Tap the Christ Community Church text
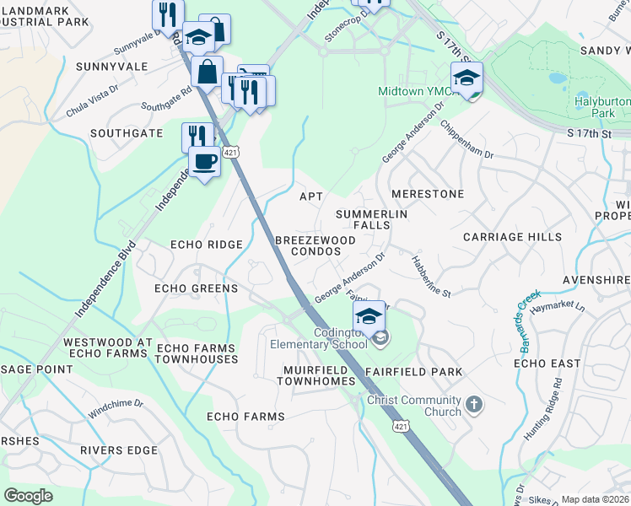414,406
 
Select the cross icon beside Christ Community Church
474,405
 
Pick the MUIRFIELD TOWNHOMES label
316,375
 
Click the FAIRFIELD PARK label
413,372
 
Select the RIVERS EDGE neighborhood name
119,450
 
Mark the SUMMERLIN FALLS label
372,220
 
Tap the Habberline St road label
432,275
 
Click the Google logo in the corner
28,496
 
